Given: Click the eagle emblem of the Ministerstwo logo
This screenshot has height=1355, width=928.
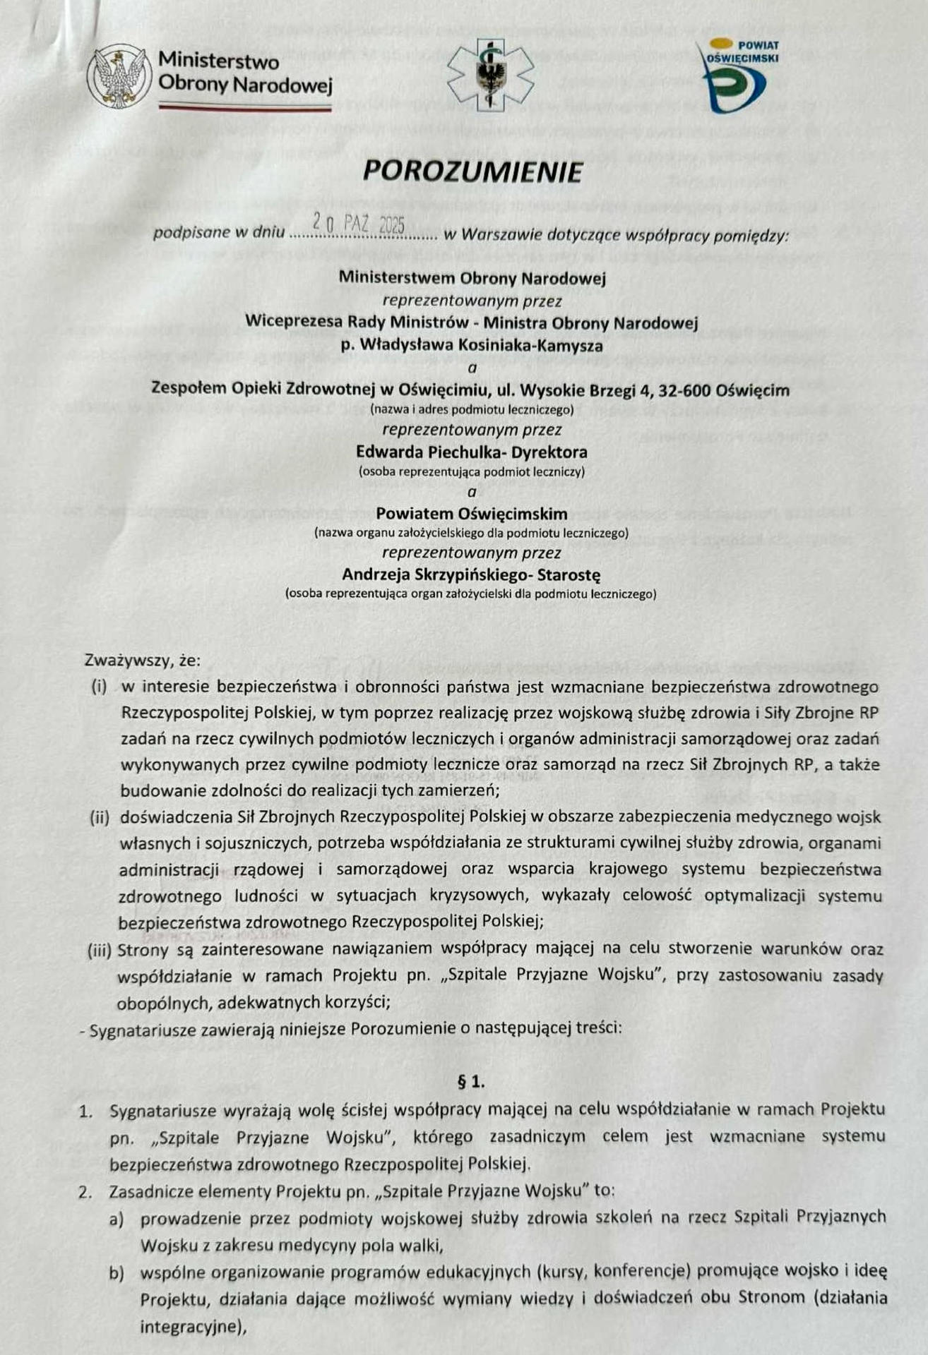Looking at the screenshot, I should tap(117, 76).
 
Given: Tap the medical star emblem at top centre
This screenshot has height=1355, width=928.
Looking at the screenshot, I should tap(485, 75).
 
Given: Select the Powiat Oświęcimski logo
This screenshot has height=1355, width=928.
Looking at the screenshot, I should tap(739, 76).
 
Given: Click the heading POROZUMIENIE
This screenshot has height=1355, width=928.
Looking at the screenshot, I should tap(472, 171).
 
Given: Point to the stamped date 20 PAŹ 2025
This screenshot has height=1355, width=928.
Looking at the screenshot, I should tap(359, 225).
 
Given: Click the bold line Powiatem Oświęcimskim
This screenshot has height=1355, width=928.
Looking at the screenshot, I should tap(471, 513).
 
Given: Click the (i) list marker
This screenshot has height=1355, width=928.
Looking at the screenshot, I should tap(99, 686).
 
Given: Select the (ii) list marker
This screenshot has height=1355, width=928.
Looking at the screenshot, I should tap(99, 817).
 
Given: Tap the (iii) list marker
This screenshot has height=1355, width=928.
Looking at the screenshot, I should tap(99, 950).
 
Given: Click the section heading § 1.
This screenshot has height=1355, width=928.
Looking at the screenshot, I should tap(472, 1082).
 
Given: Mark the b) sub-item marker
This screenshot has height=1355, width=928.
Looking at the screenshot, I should tap(116, 1272).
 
